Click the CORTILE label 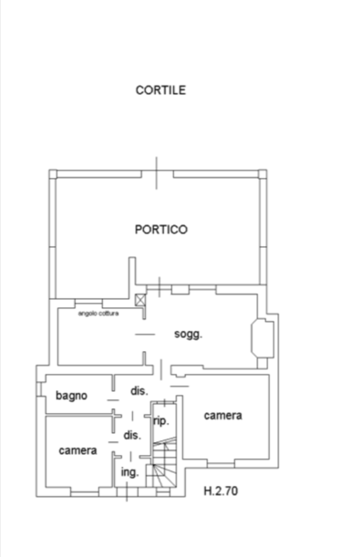tap(160, 90)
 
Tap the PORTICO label tap(160, 230)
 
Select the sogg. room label tap(188, 335)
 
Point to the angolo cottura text tap(98, 314)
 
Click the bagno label tap(71, 396)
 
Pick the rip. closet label tap(160, 421)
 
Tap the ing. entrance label tap(129, 472)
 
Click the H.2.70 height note tap(221, 491)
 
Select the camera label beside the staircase tap(223, 416)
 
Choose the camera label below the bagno tap(77, 450)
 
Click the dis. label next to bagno tap(139, 391)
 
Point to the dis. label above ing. tap(132, 435)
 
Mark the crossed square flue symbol tap(140, 300)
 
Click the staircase tap(164, 462)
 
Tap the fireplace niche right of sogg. tap(262, 338)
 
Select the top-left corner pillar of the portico tap(53, 174)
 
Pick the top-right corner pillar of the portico tap(262, 174)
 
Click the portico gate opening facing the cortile tap(157, 173)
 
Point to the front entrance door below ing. tap(127, 492)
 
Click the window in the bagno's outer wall tap(39, 389)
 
